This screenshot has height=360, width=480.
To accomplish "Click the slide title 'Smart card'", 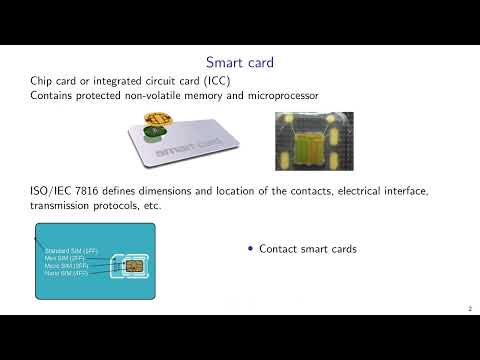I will [239, 63].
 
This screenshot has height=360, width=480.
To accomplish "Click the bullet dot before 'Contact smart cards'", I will [250, 249].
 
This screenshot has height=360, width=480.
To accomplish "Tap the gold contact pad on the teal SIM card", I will [130, 269].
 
